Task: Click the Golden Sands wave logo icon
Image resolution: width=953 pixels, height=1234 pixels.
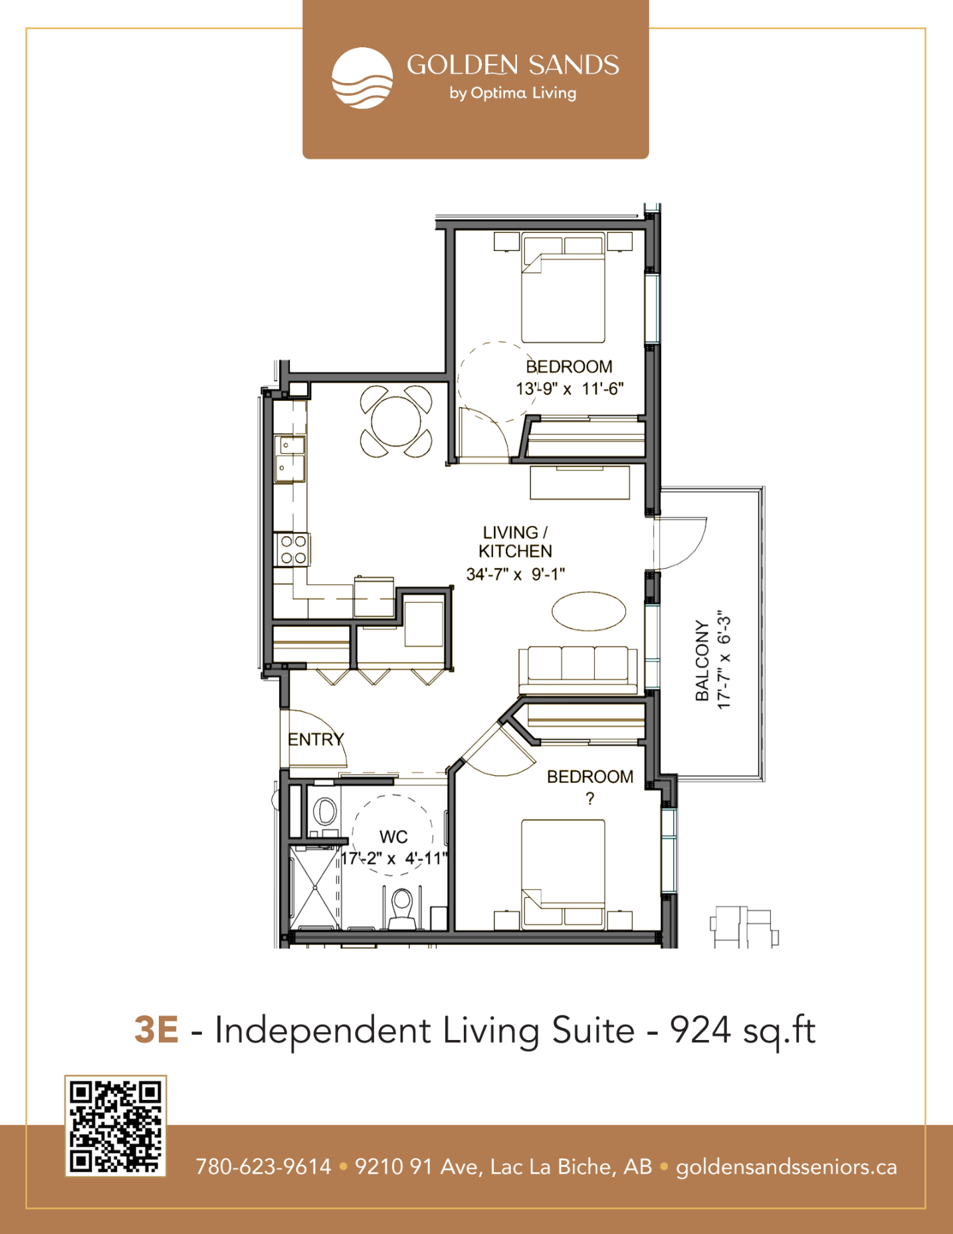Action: pyautogui.click(x=362, y=78)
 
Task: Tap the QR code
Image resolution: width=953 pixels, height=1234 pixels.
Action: pyautogui.click(x=116, y=1126)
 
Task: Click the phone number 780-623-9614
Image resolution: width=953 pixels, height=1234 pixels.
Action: pyautogui.click(x=263, y=1167)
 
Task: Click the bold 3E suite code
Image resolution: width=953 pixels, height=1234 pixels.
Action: pyautogui.click(x=156, y=1029)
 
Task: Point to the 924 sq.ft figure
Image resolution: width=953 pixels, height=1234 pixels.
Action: pyautogui.click(x=742, y=1031)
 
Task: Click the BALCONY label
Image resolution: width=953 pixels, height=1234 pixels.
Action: pyautogui.click(x=702, y=660)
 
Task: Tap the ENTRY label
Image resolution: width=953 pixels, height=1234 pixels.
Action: pyautogui.click(x=316, y=739)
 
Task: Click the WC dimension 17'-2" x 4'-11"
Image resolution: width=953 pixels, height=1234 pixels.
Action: pyautogui.click(x=394, y=859)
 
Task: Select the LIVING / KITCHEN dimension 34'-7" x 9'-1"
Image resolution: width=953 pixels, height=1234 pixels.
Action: pyautogui.click(x=516, y=574)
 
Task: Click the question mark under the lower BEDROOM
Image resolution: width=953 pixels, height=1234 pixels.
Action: pyautogui.click(x=589, y=799)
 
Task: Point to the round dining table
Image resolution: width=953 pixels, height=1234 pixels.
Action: pyautogui.click(x=396, y=422)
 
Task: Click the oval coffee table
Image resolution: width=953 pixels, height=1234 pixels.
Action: pyautogui.click(x=589, y=611)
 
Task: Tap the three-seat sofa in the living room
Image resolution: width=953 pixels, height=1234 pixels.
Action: pyautogui.click(x=578, y=670)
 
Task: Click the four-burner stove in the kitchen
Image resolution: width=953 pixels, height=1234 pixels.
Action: pyautogui.click(x=293, y=550)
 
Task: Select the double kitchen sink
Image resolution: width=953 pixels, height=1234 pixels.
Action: pyautogui.click(x=290, y=459)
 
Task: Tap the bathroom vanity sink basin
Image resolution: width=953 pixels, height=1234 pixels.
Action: pyautogui.click(x=324, y=811)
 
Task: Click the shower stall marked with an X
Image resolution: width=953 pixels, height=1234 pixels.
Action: pyautogui.click(x=315, y=887)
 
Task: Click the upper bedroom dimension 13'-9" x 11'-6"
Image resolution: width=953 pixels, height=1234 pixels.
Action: pyautogui.click(x=570, y=389)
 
